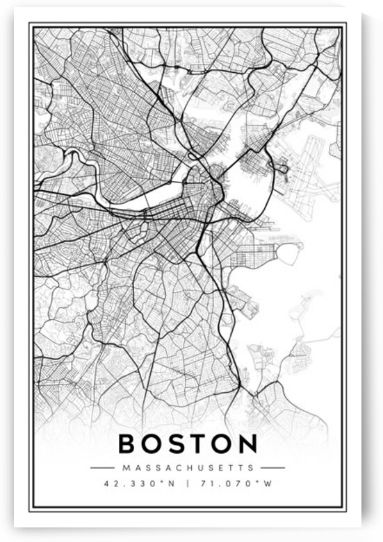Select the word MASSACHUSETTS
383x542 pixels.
(188, 468)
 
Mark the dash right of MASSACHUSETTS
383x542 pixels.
(273, 468)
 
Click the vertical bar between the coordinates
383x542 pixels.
(187, 483)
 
